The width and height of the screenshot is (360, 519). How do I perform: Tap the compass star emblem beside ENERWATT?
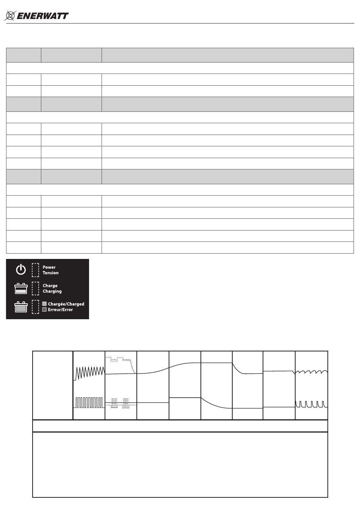tap(10, 16)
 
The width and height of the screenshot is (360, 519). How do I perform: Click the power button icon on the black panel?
tap(21, 270)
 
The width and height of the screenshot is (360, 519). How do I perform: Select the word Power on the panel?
tap(49, 267)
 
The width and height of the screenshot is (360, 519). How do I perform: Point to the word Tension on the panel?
tap(50, 273)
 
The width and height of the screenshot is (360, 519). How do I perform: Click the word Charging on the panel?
tap(52, 292)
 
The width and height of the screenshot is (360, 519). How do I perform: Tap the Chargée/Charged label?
tap(66, 304)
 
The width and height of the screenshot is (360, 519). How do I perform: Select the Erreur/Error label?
tap(60, 310)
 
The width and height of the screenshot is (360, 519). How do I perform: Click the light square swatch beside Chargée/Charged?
tap(44, 304)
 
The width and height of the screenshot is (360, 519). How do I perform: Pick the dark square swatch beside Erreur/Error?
tap(44, 310)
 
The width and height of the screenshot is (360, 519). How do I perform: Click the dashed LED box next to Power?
tap(35, 270)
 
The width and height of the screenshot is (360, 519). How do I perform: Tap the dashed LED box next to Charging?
tap(35, 289)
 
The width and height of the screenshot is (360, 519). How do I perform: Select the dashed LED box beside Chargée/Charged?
tap(35, 307)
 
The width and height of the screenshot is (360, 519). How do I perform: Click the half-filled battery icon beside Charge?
tap(21, 289)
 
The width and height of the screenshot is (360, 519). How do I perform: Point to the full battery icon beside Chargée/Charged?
tap(21, 307)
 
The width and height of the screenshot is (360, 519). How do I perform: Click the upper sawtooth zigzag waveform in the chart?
tap(90, 372)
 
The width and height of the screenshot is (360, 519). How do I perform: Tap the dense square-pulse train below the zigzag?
tap(89, 402)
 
